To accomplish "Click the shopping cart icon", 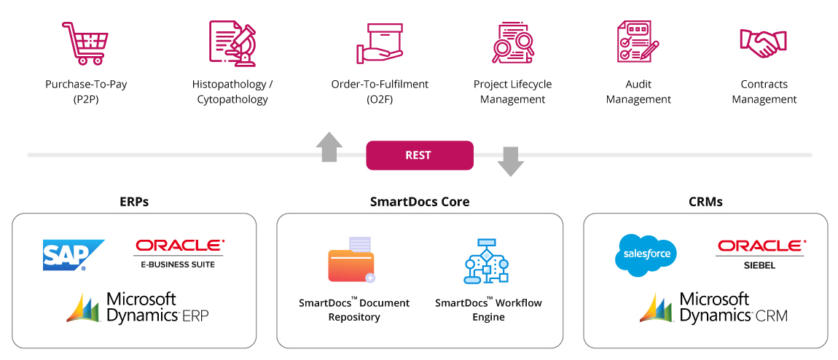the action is [85, 43].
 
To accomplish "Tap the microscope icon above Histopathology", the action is [233, 43].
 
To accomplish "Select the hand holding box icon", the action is [380, 43].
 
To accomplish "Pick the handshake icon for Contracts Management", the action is [763, 43].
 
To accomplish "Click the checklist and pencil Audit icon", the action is [638, 42].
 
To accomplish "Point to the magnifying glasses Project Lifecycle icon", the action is [513, 43].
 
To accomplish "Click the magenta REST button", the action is [420, 155].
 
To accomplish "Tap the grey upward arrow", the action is [329, 147].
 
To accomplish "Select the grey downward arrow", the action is [510, 162].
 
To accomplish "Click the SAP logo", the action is [74, 255].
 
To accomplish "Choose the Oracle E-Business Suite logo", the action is [179, 254].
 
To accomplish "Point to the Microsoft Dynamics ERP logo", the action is [137, 307].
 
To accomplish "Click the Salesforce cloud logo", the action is [646, 255].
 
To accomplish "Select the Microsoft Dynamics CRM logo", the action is [713, 307].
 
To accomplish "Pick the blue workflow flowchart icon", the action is [486, 260].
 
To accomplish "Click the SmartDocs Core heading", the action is [420, 201].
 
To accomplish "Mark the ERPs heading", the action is [134, 201].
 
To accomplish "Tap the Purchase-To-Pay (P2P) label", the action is [86, 91].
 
